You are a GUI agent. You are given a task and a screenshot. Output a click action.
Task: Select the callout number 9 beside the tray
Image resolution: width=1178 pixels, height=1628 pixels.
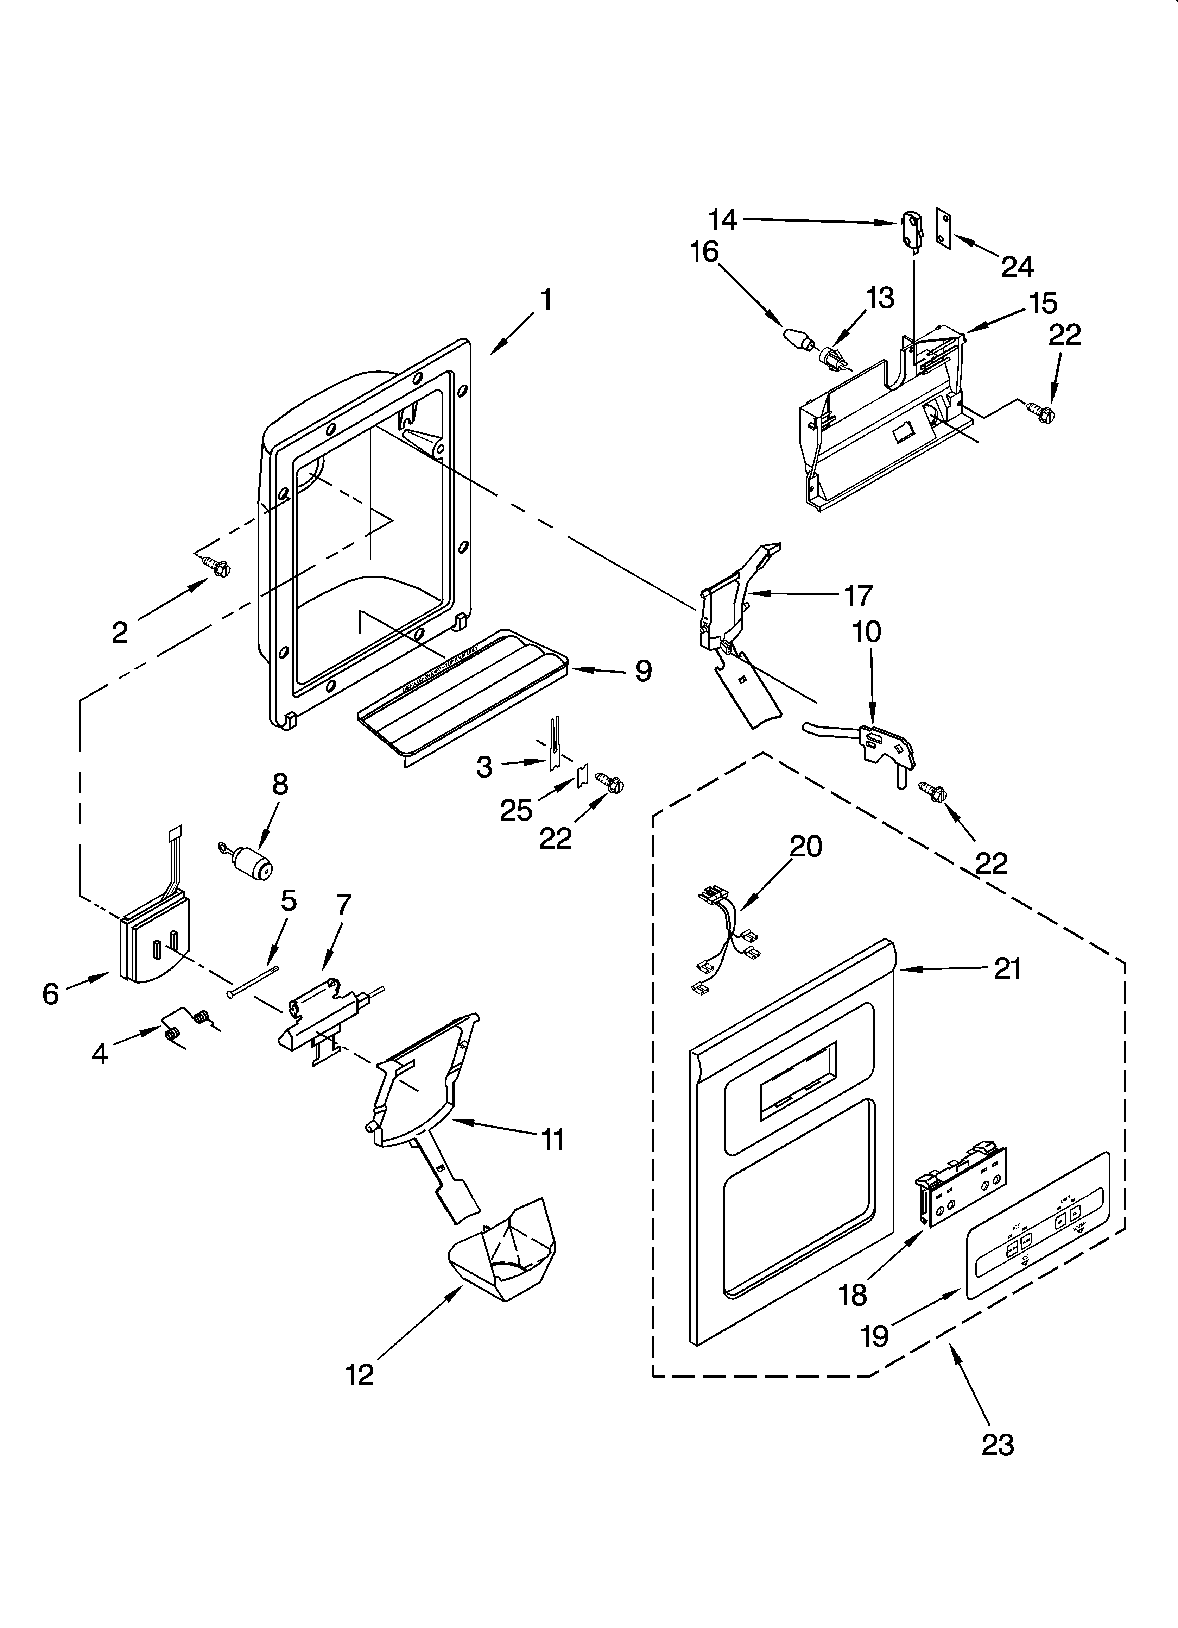pos(643,671)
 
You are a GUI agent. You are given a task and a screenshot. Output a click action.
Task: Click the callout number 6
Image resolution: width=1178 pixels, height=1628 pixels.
pos(50,994)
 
